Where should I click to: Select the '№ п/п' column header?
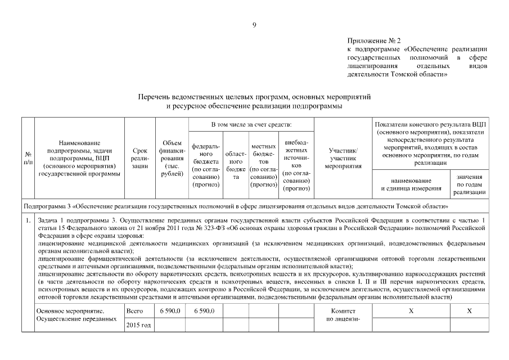coord(28,158)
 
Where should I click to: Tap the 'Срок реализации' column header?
coord(139,159)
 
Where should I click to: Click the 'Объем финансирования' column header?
coord(172,159)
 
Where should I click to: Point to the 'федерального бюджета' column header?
coord(206,165)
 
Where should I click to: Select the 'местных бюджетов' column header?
coord(263,165)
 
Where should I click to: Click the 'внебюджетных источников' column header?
coord(296,165)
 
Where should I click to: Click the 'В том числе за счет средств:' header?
coord(251,123)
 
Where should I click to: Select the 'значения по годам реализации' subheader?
coord(470,184)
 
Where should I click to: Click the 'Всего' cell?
coord(135,311)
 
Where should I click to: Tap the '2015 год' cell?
coord(138,325)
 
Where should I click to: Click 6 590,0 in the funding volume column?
coord(170,311)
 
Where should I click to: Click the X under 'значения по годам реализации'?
coord(470,311)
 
